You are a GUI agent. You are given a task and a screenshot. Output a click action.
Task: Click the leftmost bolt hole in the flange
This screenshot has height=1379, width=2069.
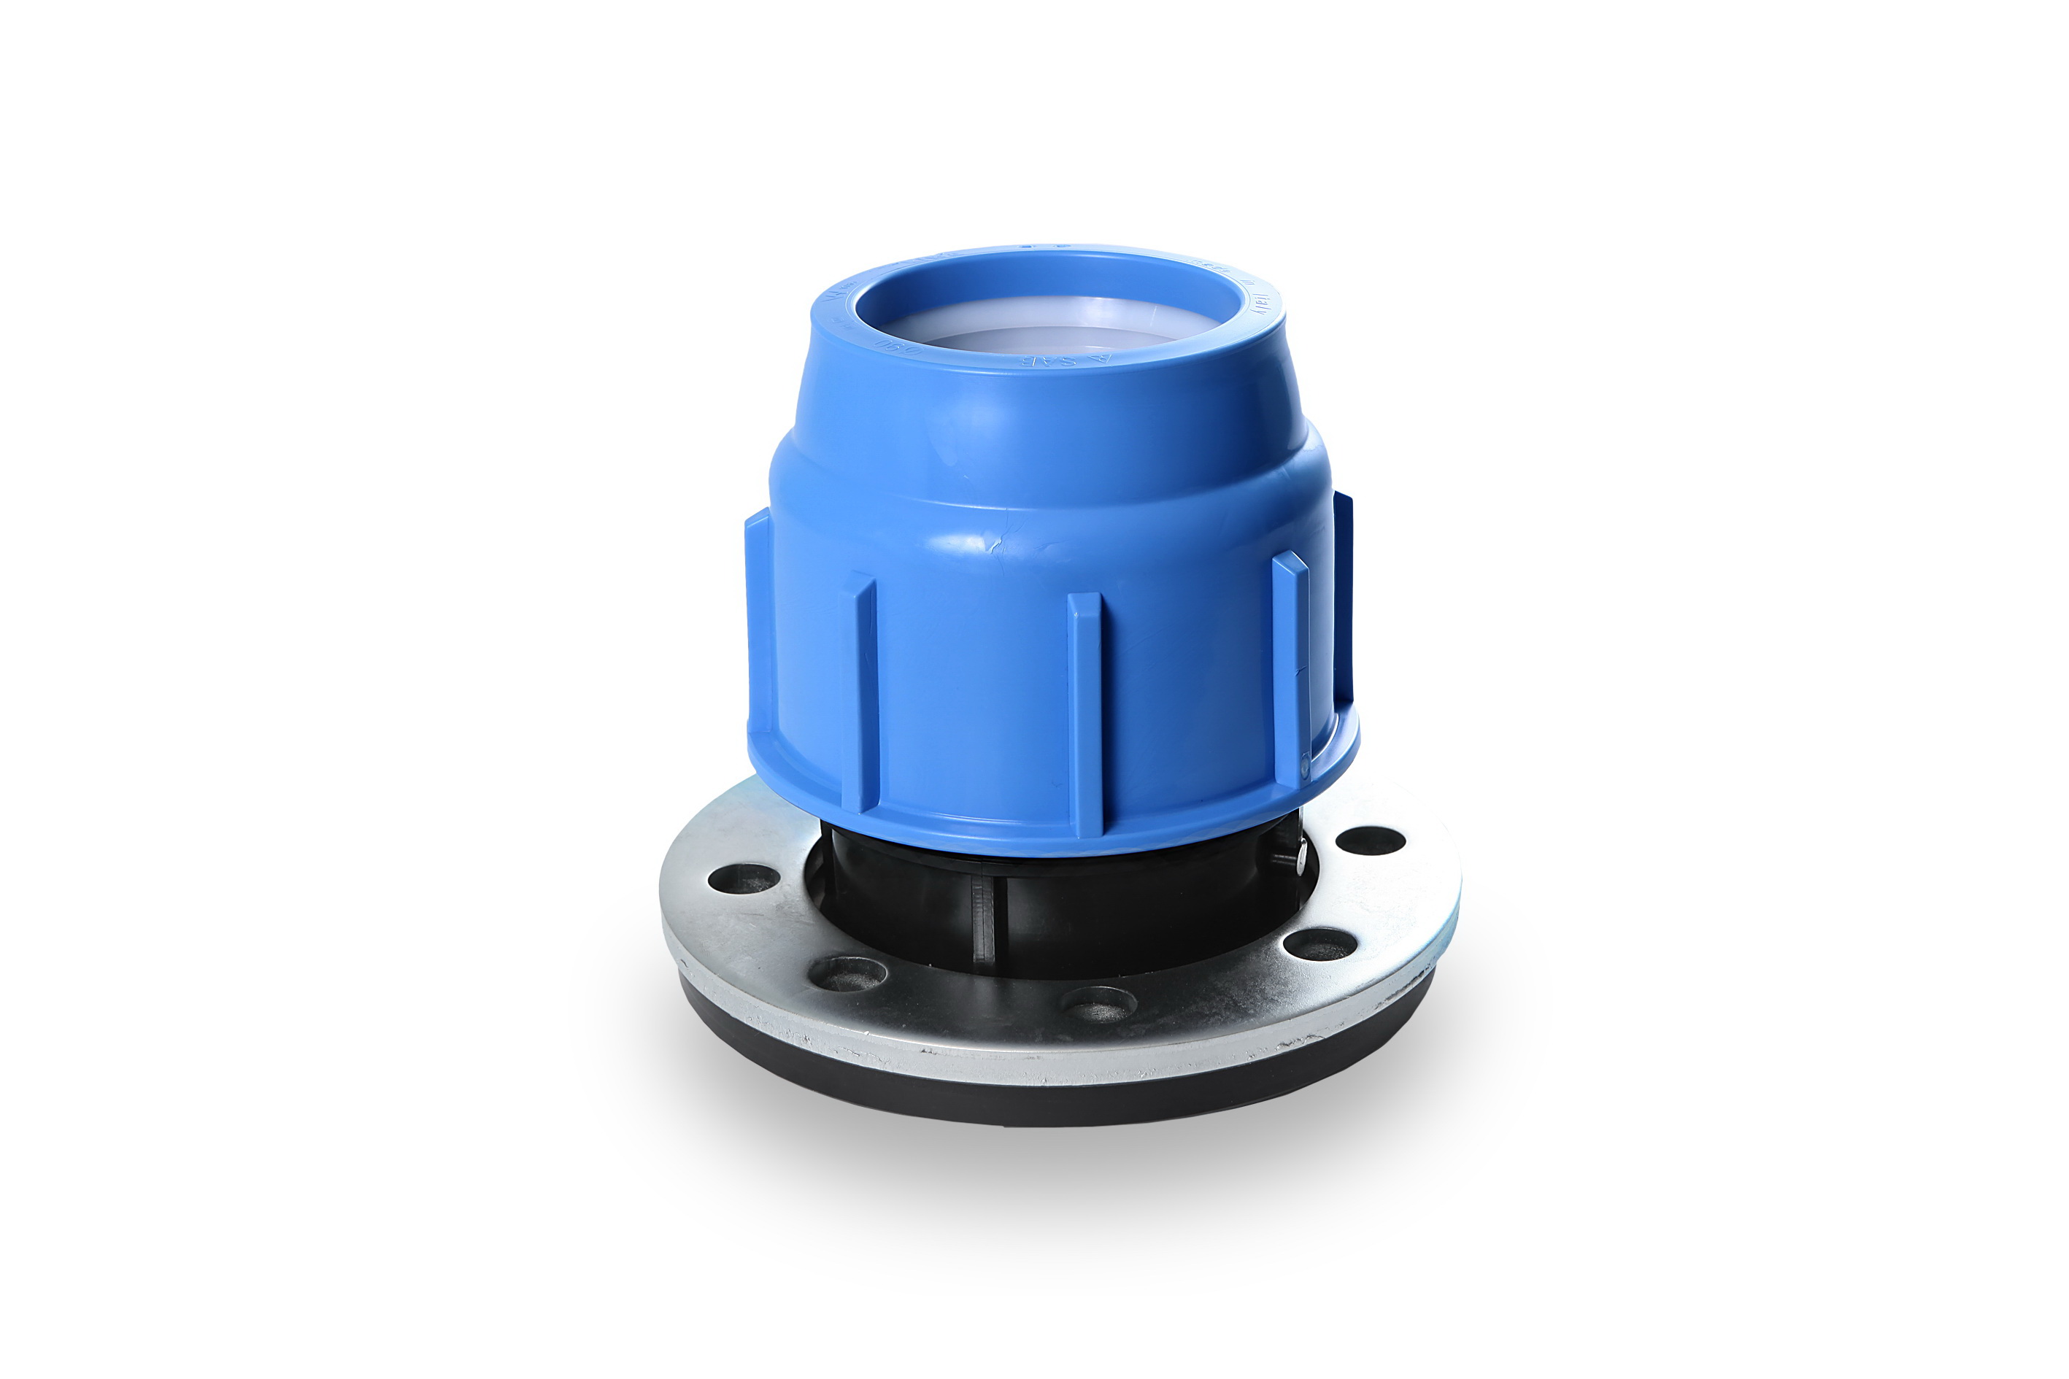pyautogui.click(x=744, y=877)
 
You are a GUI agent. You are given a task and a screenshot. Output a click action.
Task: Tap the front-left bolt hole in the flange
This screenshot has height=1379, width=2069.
pyautogui.click(x=847, y=973)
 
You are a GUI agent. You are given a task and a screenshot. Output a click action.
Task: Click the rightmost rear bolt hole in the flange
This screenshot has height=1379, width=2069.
pyautogui.click(x=1371, y=841)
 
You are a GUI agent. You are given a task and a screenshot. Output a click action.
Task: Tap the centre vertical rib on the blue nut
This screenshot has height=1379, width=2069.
pyautogui.click(x=1084, y=712)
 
